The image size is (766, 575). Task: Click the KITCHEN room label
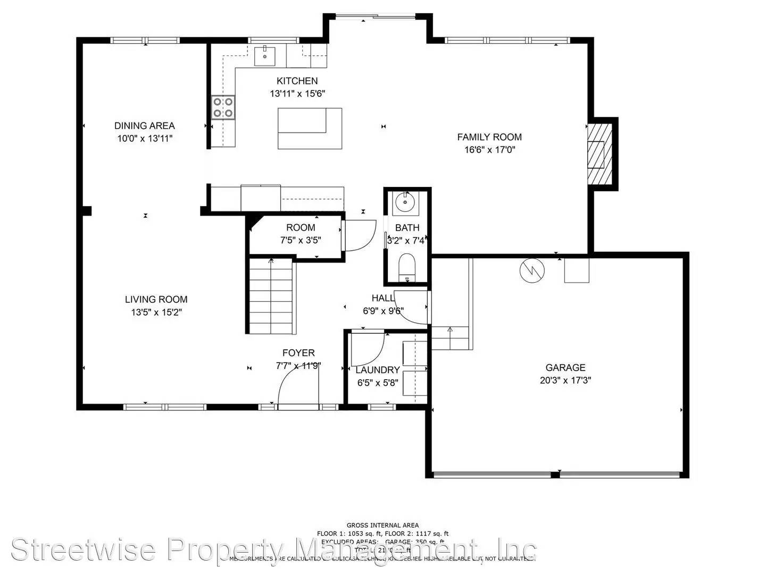point(297,81)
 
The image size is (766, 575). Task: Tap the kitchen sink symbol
point(264,55)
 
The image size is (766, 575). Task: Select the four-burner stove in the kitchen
point(223,106)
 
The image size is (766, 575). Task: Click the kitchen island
point(309,128)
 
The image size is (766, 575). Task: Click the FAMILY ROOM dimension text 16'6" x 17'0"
point(489,150)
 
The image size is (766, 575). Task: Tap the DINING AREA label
point(144,126)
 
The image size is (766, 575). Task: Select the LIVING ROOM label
point(156,299)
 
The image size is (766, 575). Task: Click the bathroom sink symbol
point(405,202)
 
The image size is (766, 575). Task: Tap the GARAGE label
point(565,367)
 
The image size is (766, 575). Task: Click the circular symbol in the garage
point(532,270)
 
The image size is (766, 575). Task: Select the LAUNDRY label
point(377,370)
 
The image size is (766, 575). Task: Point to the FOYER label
point(298,353)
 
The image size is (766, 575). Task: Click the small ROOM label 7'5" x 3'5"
point(301,227)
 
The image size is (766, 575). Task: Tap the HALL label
point(382,298)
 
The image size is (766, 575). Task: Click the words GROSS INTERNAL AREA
point(382,525)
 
